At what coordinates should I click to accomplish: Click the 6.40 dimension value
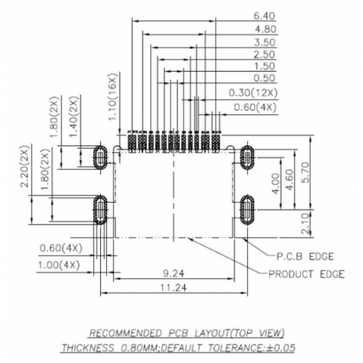point(264,16)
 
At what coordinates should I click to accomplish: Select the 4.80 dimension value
point(264,29)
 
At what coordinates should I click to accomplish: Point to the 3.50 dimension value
point(264,42)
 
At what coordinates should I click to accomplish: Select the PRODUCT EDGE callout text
point(305,273)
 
